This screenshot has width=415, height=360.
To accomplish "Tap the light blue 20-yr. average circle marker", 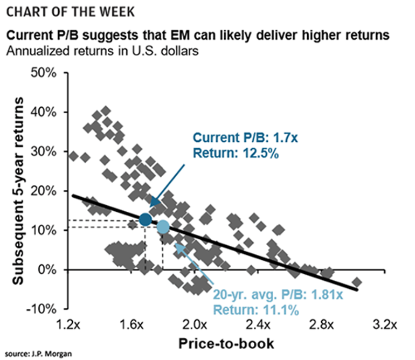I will point(163,227).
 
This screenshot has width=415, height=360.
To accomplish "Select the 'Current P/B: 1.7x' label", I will point(245,137).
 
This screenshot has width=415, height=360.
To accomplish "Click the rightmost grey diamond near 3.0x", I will point(357,282).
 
